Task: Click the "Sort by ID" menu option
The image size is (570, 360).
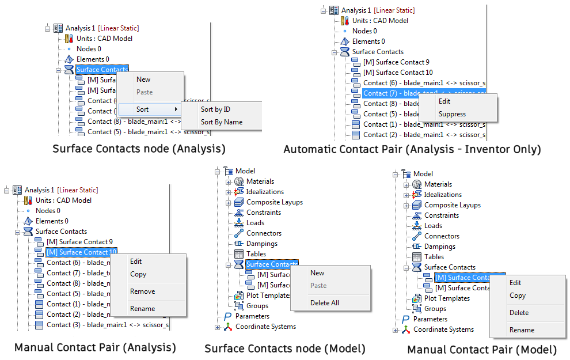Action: point(215,109)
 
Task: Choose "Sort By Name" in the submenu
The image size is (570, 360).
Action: point(221,122)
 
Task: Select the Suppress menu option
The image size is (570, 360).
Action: point(452,114)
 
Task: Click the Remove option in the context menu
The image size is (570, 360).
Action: point(142,291)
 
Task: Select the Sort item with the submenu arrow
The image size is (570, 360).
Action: point(143,109)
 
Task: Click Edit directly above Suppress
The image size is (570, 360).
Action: point(444,101)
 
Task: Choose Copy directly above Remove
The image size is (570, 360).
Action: point(138,274)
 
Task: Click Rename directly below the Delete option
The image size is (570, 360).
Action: point(522,330)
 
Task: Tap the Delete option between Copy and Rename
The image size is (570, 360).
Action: point(519,313)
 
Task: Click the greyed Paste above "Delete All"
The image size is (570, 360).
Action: point(318,286)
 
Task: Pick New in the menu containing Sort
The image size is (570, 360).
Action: point(143,79)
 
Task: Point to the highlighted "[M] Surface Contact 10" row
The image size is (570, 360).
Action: point(81,252)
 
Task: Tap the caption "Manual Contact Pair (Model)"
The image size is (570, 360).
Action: point(482,350)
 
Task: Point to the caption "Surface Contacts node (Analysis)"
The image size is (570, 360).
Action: point(139,149)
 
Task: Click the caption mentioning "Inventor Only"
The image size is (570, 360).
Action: point(412,150)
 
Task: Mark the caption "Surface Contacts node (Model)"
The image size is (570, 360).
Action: point(285,348)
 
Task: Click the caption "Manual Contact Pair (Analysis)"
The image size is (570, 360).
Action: point(95,347)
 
